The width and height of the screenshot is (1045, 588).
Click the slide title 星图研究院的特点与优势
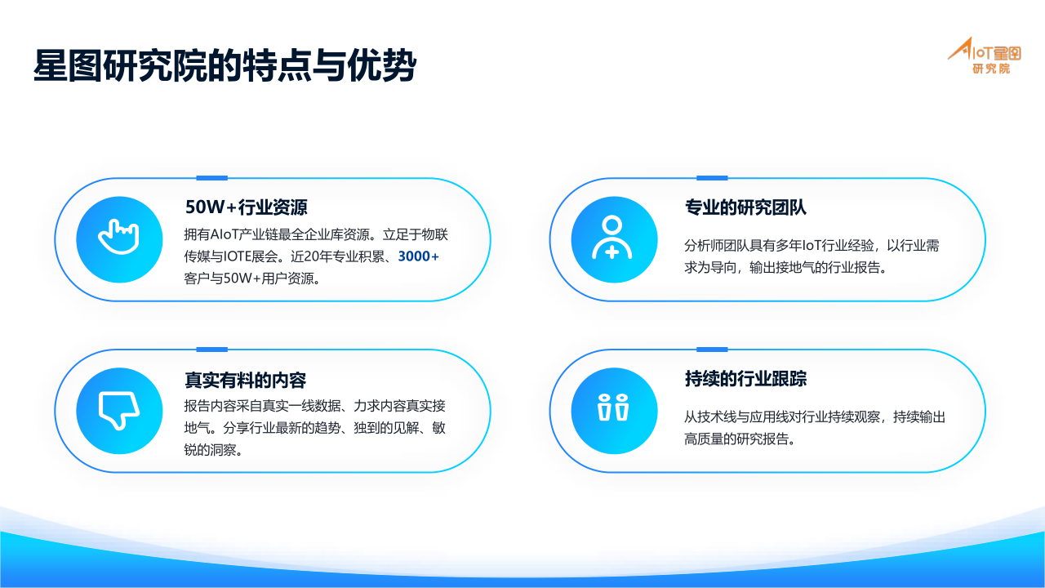click(225, 65)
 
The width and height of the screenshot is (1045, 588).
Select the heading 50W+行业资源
click(247, 207)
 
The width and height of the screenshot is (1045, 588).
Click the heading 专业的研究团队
click(745, 207)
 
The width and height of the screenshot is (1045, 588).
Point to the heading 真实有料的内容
click(246, 380)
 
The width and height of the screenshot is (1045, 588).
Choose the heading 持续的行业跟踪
click(745, 378)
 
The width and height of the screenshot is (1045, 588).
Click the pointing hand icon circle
click(119, 239)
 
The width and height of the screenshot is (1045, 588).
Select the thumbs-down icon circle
click(119, 411)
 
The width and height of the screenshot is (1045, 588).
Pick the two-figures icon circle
click(615, 411)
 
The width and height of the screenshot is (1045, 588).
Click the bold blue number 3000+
click(418, 256)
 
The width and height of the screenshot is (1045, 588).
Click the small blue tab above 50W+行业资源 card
click(211, 178)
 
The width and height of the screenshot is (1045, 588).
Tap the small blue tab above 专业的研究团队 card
click(712, 178)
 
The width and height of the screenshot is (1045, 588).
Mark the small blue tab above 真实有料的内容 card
click(211, 349)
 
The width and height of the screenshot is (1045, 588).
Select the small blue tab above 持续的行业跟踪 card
click(712, 349)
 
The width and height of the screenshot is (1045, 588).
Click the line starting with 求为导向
click(785, 267)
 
